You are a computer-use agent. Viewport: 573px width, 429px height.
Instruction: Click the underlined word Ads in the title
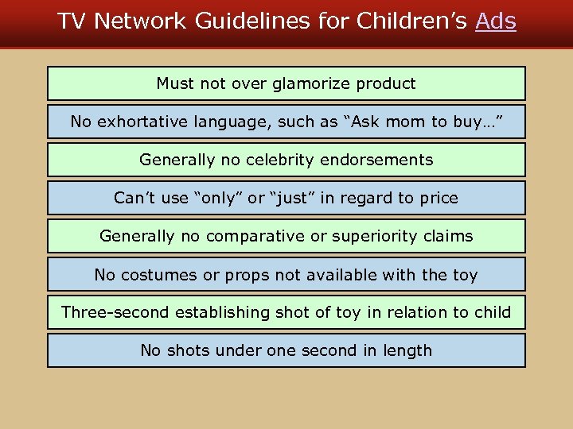(x=495, y=21)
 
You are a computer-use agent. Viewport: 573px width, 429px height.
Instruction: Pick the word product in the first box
(x=386, y=83)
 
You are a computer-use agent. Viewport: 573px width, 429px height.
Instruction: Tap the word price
(x=439, y=198)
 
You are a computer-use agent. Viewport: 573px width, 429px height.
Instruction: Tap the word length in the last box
(x=407, y=350)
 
